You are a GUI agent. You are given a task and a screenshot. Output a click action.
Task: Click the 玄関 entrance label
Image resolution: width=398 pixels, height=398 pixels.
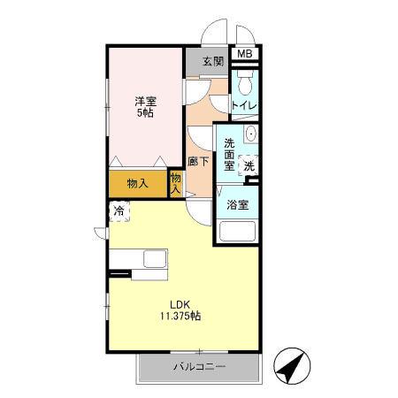pos(211,62)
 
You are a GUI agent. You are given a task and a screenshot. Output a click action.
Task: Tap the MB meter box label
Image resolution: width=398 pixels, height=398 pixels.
pos(243,55)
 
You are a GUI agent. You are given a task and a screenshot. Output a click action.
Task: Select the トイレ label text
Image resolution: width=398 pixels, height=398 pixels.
pos(244,106)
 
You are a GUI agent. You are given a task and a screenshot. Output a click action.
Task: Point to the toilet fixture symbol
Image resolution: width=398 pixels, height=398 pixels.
pos(245,85)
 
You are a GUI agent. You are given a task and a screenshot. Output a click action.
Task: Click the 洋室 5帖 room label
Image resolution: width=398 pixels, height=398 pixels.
pos(144,107)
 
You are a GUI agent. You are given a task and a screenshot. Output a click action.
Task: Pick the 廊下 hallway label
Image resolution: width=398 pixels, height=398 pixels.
pos(199,162)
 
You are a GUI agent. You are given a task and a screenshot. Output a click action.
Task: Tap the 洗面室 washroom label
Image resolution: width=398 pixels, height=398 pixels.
pos(229,154)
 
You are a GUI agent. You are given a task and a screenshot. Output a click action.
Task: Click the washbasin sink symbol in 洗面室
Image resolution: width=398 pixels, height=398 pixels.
pos(250,135)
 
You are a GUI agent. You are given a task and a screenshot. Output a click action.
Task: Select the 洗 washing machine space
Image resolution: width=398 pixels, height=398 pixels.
pos(249,165)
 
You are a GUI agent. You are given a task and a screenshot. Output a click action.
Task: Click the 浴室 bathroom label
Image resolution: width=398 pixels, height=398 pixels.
pos(236,205)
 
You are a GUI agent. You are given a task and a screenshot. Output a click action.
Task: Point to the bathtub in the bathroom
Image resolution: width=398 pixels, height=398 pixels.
pos(236,233)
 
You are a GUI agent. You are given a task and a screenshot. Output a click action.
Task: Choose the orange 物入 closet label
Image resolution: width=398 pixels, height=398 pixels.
pos(137,184)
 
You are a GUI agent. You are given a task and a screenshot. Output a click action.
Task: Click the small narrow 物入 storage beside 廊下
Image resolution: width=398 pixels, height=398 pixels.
pos(175,184)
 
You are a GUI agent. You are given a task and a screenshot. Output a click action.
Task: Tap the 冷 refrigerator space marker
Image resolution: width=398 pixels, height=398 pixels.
pos(119,212)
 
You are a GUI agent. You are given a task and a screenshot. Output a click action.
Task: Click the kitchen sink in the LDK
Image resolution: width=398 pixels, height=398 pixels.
pos(155,260)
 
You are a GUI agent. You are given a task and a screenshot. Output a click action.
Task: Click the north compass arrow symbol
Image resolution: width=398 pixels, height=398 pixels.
pos(291,364)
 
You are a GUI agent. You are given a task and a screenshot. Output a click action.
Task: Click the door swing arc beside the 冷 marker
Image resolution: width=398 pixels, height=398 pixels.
pos(100,232)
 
